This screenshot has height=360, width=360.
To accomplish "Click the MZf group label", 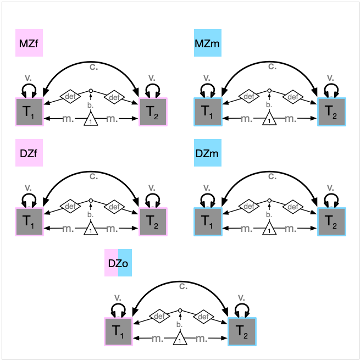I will (x=29, y=43).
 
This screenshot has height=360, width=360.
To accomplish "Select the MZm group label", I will (x=207, y=43).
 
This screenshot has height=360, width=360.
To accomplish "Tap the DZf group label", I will (x=29, y=153).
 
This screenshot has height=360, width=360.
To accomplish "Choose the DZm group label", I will (x=207, y=153).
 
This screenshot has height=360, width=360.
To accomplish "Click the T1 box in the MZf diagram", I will (x=29, y=112).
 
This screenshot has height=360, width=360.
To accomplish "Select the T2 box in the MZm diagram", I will (x=331, y=112).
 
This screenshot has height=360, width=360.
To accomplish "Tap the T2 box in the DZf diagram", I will (x=153, y=222).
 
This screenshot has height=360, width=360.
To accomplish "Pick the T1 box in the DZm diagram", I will (x=207, y=222).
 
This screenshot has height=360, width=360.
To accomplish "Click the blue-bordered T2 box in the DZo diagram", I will (x=242, y=331).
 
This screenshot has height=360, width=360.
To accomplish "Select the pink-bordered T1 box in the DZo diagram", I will (x=118, y=331).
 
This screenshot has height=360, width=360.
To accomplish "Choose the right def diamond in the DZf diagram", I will (x=114, y=207).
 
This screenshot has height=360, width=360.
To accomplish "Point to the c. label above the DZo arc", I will (x=183, y=286).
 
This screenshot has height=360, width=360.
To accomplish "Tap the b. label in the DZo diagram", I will (x=180, y=324).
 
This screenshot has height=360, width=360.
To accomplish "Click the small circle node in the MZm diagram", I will (x=269, y=91).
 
